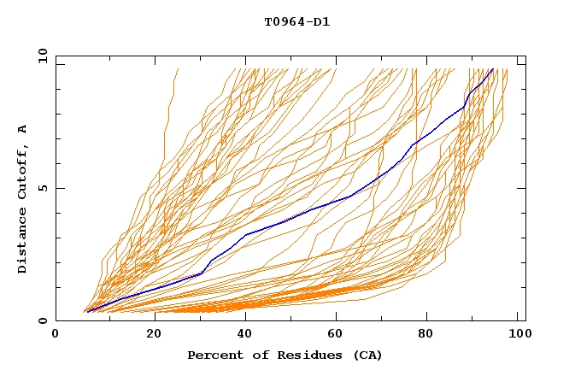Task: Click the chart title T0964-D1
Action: point(296,22)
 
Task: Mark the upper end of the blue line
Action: point(493,69)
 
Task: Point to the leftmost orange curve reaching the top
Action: point(176,70)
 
